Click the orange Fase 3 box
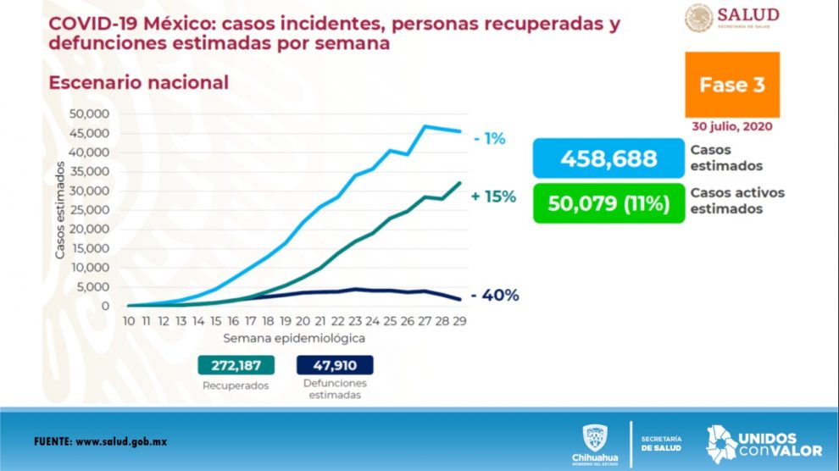coord(736,85)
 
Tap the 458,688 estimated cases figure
coord(608,158)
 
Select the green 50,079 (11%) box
coord(608,204)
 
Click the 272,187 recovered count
coord(237,365)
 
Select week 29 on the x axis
coord(460,321)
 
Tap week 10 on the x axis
coord(128,321)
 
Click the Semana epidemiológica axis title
coord(294,338)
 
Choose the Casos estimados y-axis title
coord(60,209)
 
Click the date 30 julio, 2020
coord(731,126)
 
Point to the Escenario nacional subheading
coord(139,83)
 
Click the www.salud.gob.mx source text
coord(135,442)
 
